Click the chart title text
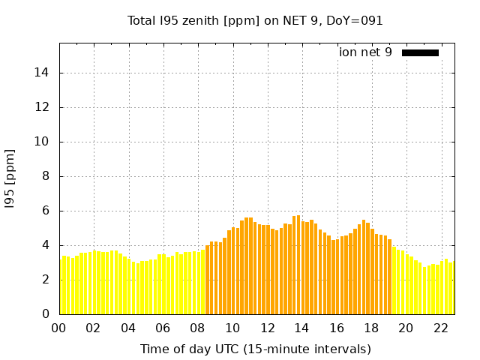pyautogui.click(x=255, y=20)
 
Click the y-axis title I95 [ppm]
pyautogui.click(x=10, y=179)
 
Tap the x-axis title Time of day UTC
pyautogui.click(x=255, y=349)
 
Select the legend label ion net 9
pyautogui.click(x=365, y=52)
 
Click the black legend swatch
pyautogui.click(x=420, y=52)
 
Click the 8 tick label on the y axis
pyautogui.click(x=47, y=176)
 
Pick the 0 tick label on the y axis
pyautogui.click(x=47, y=314)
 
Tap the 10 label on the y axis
pyautogui.click(x=44, y=142)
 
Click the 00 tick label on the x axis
pyautogui.click(x=59, y=328)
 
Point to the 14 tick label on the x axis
pyautogui.click(x=302, y=328)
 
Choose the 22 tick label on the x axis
pyautogui.click(x=441, y=328)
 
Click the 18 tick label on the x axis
pyautogui.click(x=371, y=328)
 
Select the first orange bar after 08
pyautogui.click(x=208, y=280)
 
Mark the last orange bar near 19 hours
pyautogui.click(x=389, y=277)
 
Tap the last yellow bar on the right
pyautogui.click(x=451, y=288)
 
